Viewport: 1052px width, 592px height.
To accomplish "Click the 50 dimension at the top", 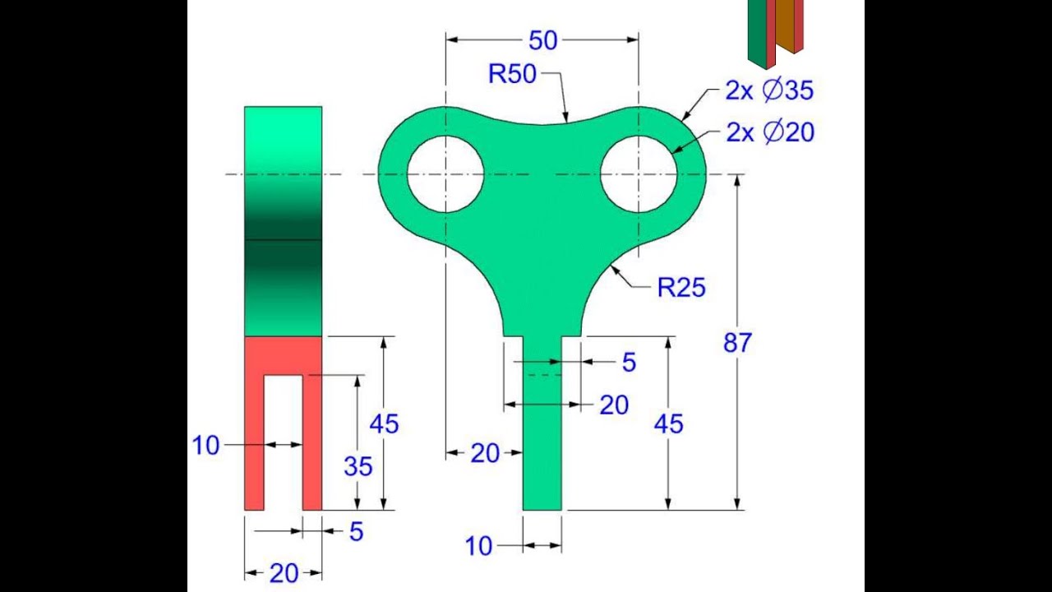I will [x=543, y=40].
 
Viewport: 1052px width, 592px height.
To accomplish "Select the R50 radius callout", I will [x=511, y=74].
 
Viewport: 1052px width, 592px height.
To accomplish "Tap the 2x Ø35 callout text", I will [x=769, y=90].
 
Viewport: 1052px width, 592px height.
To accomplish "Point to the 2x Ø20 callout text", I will [x=770, y=132].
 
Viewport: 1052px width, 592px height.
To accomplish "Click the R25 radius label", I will [x=681, y=287].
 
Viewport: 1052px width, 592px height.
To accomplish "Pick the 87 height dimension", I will [x=737, y=343].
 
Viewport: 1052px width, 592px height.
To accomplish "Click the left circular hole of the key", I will [x=445, y=174].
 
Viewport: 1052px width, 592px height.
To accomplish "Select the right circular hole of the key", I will [x=639, y=174].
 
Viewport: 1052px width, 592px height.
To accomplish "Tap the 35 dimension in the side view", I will [x=358, y=466].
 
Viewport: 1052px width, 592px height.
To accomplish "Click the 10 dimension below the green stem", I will [x=478, y=545].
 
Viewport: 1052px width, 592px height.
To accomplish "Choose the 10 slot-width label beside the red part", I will [x=206, y=445].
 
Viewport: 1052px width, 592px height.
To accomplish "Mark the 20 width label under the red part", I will [x=284, y=573].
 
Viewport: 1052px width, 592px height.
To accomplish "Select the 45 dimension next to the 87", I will [x=668, y=423].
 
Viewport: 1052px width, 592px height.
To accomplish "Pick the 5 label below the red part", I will [x=355, y=532].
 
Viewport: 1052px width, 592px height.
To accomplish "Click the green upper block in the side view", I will [x=283, y=220].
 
